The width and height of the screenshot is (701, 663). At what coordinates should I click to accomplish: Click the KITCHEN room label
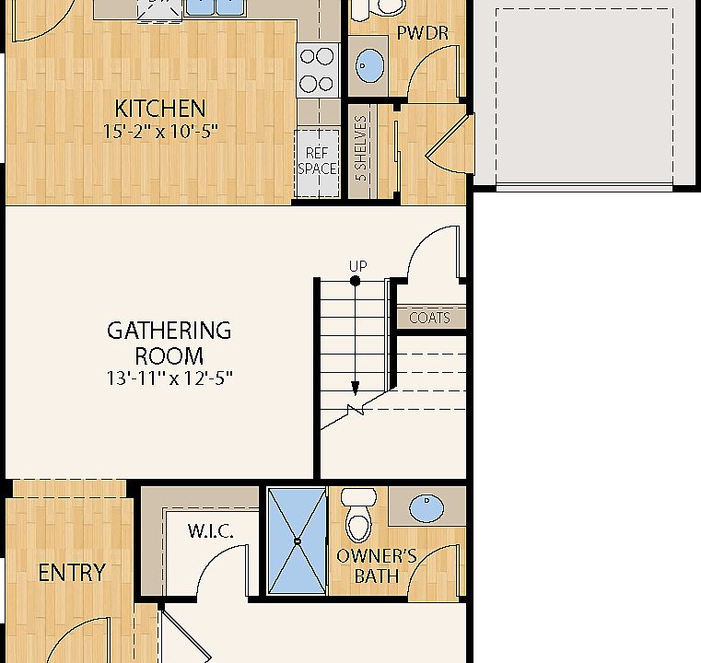click(159, 108)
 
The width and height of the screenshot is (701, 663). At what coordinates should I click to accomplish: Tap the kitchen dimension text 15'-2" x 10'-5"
click(161, 131)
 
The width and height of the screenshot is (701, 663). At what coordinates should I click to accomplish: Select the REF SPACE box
click(317, 162)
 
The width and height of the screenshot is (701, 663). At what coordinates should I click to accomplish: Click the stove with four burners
click(317, 70)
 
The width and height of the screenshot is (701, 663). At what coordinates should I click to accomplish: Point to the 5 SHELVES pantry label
click(361, 147)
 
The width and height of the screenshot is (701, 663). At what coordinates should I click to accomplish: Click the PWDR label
click(422, 33)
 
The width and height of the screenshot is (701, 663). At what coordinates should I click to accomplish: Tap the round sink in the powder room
click(370, 63)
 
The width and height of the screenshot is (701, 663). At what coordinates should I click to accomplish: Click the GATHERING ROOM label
click(169, 343)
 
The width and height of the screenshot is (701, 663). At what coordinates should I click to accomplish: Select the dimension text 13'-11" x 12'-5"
click(169, 378)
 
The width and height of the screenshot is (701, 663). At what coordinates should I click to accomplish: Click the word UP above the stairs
click(357, 266)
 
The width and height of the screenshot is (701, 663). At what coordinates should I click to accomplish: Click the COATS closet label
click(429, 318)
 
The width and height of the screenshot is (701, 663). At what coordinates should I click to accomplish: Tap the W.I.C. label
click(210, 531)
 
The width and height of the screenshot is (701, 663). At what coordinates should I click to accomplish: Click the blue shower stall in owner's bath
click(297, 541)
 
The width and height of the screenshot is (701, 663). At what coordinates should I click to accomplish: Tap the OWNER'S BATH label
click(376, 566)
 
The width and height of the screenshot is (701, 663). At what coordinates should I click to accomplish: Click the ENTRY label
click(71, 573)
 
